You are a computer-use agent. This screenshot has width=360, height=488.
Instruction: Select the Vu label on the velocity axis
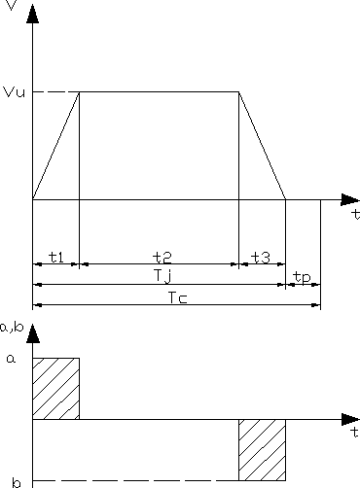[x=13, y=92]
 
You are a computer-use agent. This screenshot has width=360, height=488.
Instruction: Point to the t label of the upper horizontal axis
[x=354, y=212]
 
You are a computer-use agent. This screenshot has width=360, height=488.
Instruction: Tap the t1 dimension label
[x=55, y=257]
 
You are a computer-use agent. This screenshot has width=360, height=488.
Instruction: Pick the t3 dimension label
[x=261, y=257]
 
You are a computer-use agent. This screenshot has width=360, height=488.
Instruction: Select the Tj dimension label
[x=162, y=278]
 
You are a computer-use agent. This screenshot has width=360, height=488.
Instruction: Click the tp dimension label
[x=303, y=278]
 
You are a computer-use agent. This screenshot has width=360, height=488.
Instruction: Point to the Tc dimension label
[x=176, y=298]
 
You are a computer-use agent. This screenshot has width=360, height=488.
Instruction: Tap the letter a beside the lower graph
[x=12, y=359]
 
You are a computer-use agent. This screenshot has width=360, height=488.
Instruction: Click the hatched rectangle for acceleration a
[x=55, y=389]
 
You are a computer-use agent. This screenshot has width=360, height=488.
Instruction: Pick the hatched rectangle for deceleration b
[x=262, y=450]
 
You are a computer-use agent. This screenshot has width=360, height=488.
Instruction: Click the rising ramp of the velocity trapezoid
[x=55, y=146]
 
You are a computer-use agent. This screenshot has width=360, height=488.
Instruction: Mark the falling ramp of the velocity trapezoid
[x=262, y=146]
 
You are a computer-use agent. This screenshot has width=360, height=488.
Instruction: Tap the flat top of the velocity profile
[x=159, y=92]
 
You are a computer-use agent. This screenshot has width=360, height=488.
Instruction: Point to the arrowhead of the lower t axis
[x=350, y=420]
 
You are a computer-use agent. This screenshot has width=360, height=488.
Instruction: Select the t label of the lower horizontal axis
[x=354, y=431]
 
